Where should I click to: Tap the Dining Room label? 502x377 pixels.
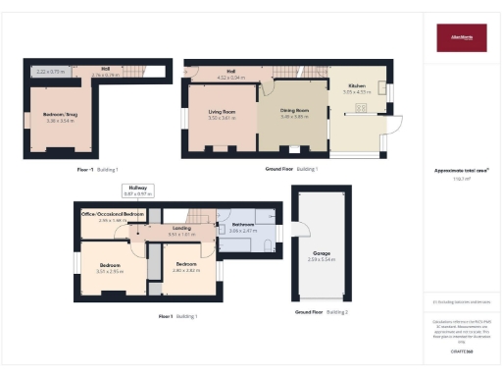(x=295, y=111)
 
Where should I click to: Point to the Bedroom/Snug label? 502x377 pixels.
(x=60, y=116)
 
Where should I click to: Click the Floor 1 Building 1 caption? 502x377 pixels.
(x=178, y=316)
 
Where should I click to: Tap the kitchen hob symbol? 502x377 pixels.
(x=360, y=107)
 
